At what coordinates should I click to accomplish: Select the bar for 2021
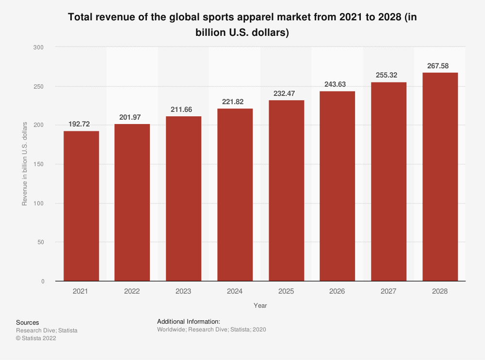coord(81,206)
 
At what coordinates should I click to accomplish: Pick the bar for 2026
coord(337,186)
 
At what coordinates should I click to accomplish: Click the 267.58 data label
coord(440,65)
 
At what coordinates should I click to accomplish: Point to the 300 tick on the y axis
coord(39,47)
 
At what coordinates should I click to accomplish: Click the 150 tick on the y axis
coord(39,164)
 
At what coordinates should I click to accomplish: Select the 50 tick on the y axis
coord(40,242)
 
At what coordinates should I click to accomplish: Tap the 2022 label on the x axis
coord(132,292)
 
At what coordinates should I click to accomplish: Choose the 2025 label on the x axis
coord(286,292)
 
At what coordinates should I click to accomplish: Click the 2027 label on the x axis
coord(388,292)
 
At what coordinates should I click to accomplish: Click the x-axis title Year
coord(260,306)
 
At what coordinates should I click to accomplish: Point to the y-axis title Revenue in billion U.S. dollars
coord(24,164)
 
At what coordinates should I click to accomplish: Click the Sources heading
coord(28,323)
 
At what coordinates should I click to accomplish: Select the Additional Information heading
coord(189,321)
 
